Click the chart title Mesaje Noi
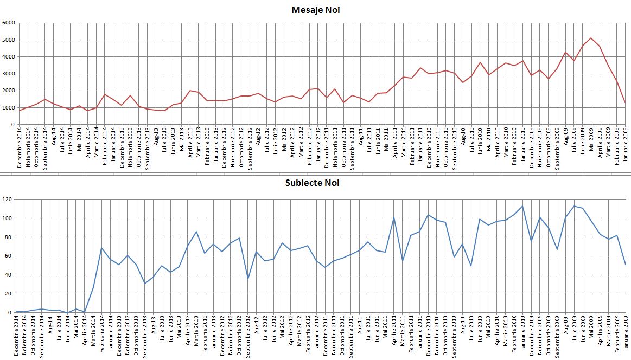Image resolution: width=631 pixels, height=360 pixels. point(315,10)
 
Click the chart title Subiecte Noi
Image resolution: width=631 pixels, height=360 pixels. point(312,183)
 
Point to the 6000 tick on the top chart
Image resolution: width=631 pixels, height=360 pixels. point(8,23)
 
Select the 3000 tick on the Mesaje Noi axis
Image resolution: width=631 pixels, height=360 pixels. point(8,74)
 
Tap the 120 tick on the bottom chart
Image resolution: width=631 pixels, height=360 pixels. point(7,200)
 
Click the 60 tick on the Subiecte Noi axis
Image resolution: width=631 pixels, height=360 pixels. point(8,256)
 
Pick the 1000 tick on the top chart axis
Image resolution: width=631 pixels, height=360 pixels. point(8,108)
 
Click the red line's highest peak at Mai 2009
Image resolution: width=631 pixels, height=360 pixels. point(591,38)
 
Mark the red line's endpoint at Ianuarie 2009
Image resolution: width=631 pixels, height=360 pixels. point(625,102)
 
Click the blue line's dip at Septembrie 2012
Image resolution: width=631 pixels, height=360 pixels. point(247,278)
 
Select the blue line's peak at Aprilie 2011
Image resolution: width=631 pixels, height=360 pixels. point(393,218)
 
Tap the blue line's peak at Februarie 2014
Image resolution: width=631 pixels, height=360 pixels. point(101,248)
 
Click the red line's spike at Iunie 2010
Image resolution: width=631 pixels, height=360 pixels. point(480,62)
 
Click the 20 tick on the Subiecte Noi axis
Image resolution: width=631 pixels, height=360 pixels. point(8,294)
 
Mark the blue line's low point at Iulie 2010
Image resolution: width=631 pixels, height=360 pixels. point(471,265)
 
